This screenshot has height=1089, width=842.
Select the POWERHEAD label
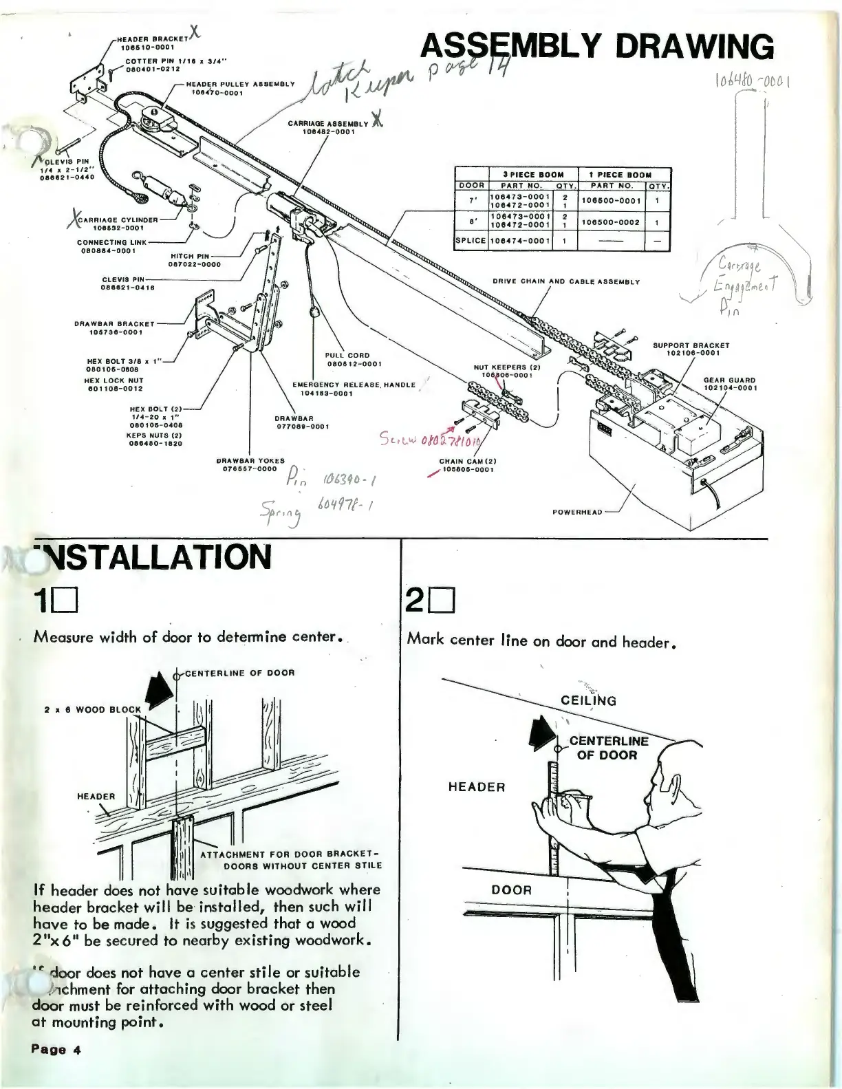coord(576,512)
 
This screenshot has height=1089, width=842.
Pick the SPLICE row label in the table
coord(471,241)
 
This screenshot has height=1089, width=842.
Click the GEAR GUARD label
coord(729,380)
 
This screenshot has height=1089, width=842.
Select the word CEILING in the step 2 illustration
coord(588,701)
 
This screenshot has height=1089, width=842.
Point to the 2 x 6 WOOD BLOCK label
coord(92,709)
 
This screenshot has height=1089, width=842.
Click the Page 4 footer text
coord(55,1050)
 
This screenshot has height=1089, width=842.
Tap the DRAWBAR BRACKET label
coord(114,323)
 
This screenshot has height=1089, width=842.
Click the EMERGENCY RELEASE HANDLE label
coord(354,385)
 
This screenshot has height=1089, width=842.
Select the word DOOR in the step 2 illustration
coord(511,889)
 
